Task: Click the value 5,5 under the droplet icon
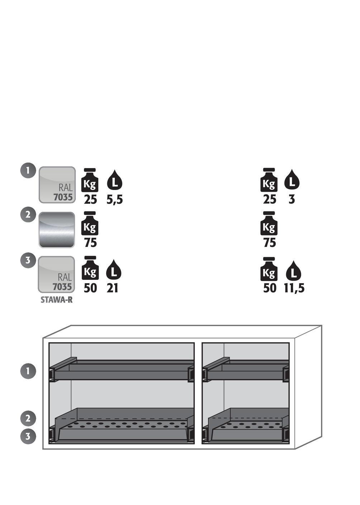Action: coord(115,200)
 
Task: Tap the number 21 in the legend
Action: coord(112,289)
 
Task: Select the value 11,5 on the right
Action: coord(294,289)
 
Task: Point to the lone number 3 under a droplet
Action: coord(292,200)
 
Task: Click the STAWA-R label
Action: coord(57,300)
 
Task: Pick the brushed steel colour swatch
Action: coord(57,230)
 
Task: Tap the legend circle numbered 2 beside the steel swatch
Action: coord(28,215)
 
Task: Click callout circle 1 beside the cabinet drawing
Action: coord(28,371)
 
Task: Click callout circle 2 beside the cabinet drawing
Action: coord(28,418)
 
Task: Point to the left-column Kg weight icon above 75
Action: coord(90,223)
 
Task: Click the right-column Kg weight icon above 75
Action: coord(269,223)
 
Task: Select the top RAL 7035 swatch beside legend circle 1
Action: coord(57,185)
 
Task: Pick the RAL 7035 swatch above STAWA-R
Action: coord(56,275)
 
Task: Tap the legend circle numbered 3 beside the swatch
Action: coord(28,261)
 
